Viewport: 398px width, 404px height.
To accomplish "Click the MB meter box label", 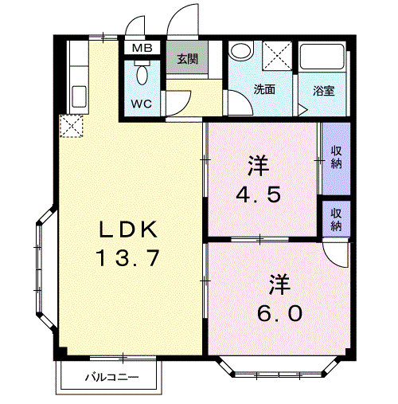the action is point(142,48).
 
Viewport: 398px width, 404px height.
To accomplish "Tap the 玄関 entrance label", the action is point(187,59).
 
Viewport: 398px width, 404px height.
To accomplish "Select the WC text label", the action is point(142,104).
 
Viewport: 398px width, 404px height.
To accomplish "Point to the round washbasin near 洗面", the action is point(241,50).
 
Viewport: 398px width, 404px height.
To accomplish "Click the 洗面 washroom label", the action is point(263,89).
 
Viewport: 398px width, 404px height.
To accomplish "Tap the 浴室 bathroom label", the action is point(323,91).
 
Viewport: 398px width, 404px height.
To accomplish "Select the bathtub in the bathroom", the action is point(322,57).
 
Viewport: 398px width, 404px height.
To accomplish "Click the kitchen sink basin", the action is point(79,96).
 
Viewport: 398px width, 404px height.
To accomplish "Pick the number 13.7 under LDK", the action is point(127,257).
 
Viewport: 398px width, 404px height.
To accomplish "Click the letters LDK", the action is point(128,229).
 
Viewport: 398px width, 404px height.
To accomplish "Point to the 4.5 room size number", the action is point(258,194).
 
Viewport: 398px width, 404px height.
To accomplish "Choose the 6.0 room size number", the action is point(279,313).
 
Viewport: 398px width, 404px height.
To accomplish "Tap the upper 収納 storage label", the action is point(336,157).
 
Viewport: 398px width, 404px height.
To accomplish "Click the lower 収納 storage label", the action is point(336,220).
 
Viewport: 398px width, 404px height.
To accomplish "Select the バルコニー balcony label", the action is point(111,377).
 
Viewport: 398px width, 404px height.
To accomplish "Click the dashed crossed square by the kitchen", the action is point(71,126).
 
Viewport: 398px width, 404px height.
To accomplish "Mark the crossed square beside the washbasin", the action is point(277,56).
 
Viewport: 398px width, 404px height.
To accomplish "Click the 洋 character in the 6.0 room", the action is point(279,284).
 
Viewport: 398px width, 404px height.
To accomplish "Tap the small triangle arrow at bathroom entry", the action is point(302,110).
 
